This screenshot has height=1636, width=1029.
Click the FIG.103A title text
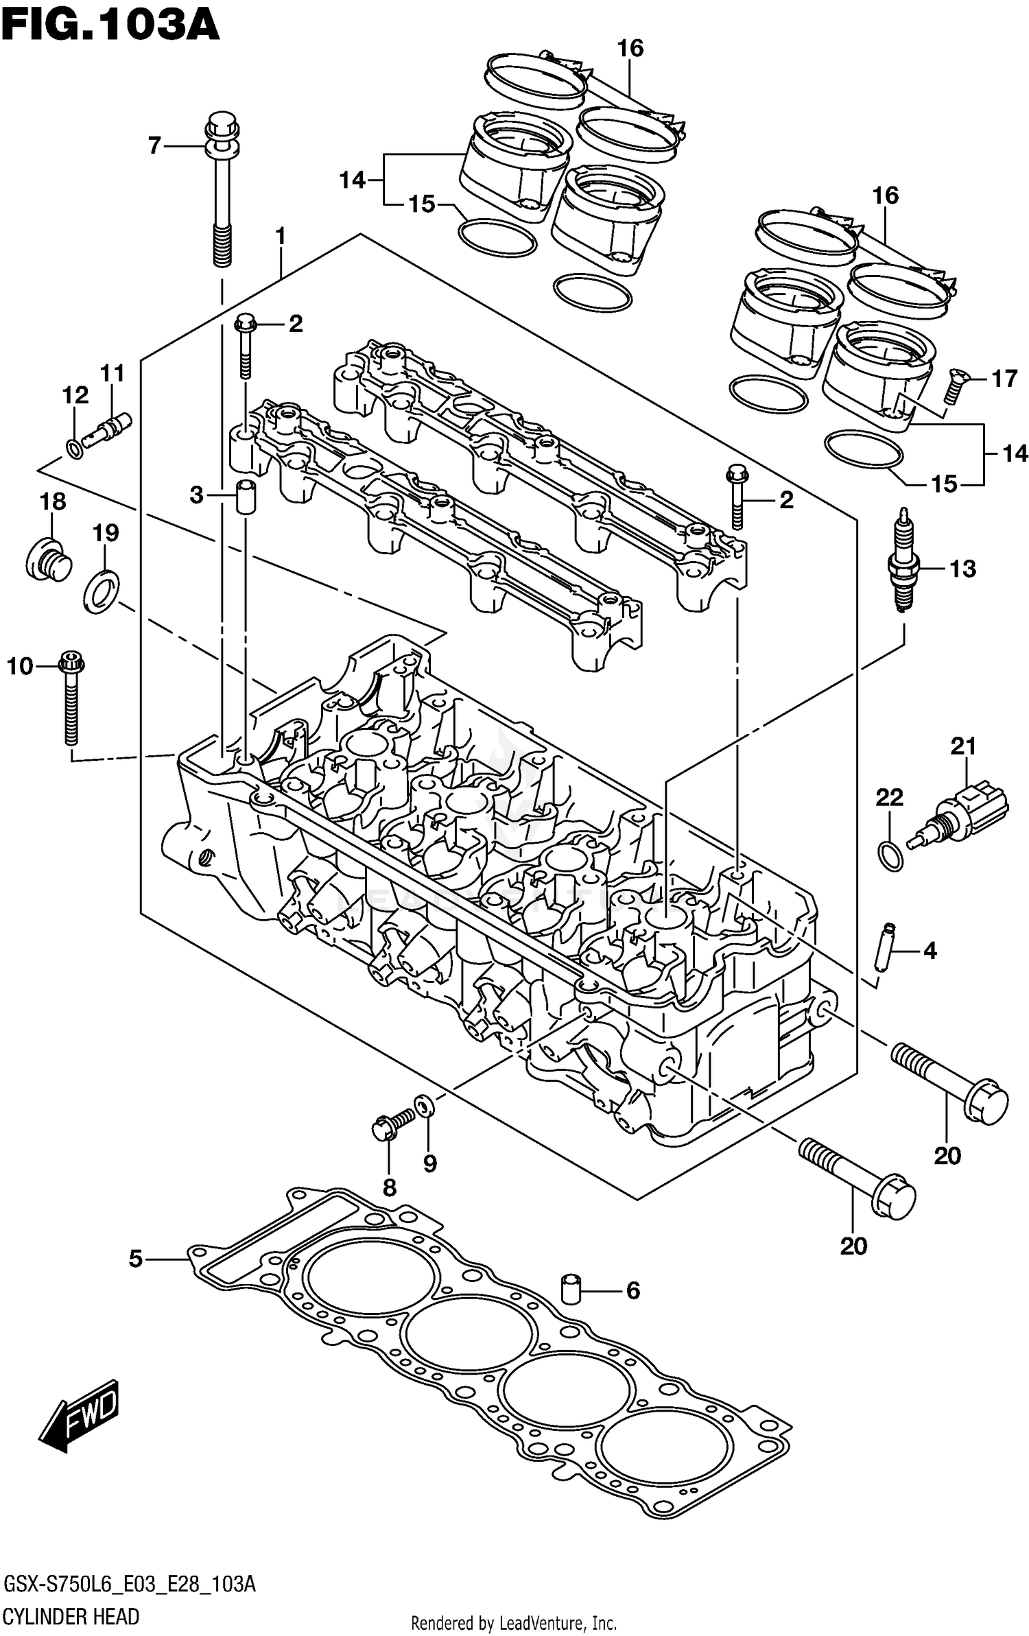coord(110,25)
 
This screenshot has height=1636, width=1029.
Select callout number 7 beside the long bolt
coord(154,145)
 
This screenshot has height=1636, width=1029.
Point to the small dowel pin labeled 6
coord(572,1289)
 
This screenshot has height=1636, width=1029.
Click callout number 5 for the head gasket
coord(136,1259)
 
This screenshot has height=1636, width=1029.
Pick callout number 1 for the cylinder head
coord(281,237)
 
